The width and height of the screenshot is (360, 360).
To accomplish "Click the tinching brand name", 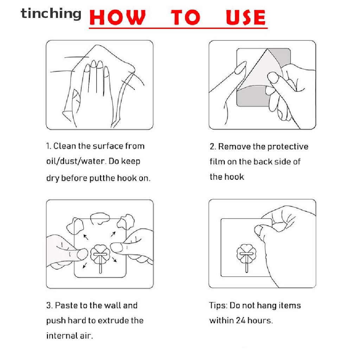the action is (51, 14).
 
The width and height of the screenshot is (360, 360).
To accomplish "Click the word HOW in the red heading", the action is (117, 17).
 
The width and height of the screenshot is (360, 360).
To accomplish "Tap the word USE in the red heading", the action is (246, 17).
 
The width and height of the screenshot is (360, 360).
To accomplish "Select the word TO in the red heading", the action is (186, 17).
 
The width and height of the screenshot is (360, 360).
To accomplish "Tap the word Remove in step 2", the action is (234, 147).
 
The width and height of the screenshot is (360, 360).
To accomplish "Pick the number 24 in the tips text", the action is (240, 321).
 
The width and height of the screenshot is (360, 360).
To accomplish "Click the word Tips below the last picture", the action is (218, 306).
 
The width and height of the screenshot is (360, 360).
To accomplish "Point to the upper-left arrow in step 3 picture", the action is (86, 237).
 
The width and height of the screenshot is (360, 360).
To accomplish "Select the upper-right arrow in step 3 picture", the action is (113, 234).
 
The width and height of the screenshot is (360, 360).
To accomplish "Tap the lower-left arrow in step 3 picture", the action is (85, 265).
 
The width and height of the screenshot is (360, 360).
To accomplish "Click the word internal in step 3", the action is (62, 336).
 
